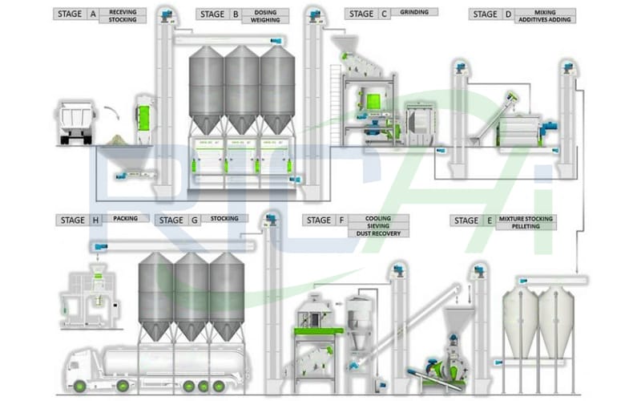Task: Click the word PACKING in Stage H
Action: [124, 218]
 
